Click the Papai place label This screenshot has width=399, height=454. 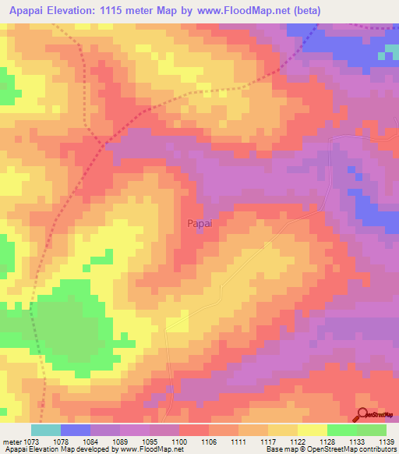pyautogui.click(x=199, y=223)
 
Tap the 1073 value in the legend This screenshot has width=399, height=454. pyautogui.click(x=32, y=442)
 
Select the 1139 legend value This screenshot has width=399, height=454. pyautogui.click(x=387, y=442)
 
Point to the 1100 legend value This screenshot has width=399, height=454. pyautogui.click(x=180, y=442)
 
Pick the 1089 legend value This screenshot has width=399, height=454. pyautogui.click(x=121, y=442)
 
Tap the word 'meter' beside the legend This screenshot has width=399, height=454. pyautogui.click(x=12, y=442)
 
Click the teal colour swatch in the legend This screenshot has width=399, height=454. pyautogui.click(x=46, y=430)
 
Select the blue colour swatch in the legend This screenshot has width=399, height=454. pyautogui.click(x=76, y=430)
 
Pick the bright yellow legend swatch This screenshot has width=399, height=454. pyautogui.click(x=312, y=430)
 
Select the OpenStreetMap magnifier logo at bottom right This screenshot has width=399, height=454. pyautogui.click(x=365, y=415)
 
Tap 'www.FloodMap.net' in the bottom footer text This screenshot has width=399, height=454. pyautogui.click(x=149, y=450)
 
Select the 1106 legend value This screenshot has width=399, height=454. pyautogui.click(x=210, y=442)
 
